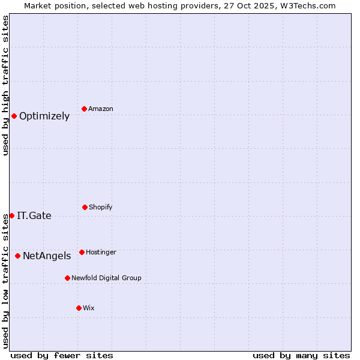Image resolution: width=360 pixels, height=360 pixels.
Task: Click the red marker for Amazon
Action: [x=84, y=109]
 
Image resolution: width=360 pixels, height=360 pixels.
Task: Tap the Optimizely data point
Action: [x=14, y=116]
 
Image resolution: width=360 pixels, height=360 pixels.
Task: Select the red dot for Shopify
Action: [x=85, y=207]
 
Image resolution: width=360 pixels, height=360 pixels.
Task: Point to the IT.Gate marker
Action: [x=11, y=215]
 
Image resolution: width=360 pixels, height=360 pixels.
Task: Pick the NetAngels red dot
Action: [x=17, y=256]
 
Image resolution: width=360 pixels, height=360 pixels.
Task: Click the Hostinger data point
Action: [x=82, y=252]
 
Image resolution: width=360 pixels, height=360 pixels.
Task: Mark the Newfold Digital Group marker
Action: [x=67, y=278]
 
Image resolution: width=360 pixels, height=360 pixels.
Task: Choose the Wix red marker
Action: [x=79, y=308]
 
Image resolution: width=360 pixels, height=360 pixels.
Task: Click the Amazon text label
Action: [x=101, y=109]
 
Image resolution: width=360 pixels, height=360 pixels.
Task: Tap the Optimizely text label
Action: [x=44, y=116]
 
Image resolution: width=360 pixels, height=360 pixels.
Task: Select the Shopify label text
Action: [x=101, y=207]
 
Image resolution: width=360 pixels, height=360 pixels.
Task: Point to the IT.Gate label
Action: [x=34, y=216]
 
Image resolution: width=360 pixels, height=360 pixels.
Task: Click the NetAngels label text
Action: [x=47, y=256]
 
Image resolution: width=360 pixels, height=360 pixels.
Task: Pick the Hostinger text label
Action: [x=101, y=252]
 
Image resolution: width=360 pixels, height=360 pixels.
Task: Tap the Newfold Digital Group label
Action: [x=106, y=278]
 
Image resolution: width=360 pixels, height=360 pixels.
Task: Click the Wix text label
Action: [x=89, y=308]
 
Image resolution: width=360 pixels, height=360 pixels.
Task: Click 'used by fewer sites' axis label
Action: [x=62, y=355]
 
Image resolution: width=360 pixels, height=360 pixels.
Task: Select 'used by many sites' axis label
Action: [x=301, y=355]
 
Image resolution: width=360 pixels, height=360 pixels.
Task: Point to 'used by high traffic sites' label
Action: [x=5, y=85]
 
